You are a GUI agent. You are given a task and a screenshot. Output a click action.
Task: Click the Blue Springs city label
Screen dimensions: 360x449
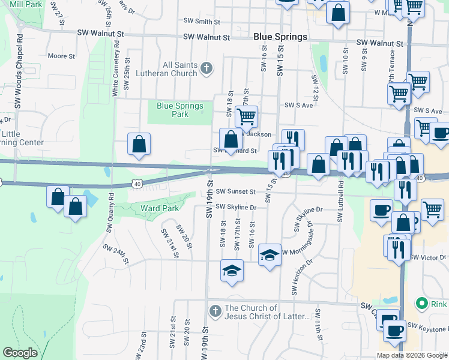pyautogui.click(x=280, y=37)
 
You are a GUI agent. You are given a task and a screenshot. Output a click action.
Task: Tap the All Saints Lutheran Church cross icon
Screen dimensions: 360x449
pyautogui.click(x=206, y=67)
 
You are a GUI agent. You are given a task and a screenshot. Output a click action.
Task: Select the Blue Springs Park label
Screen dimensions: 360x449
pyautogui.click(x=179, y=110)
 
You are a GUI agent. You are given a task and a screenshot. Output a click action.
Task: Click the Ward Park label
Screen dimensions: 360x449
pyautogui.click(x=159, y=208)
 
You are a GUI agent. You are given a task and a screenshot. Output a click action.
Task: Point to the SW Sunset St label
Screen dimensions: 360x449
pyautogui.click(x=236, y=192)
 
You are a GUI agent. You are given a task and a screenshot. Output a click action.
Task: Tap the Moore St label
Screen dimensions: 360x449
pyautogui.click(x=61, y=56)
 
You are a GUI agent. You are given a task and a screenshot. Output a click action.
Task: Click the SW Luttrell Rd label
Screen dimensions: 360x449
pyautogui.click(x=340, y=200)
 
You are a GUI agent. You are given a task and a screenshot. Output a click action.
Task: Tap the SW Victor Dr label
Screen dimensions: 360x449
pyautogui.click(x=428, y=257)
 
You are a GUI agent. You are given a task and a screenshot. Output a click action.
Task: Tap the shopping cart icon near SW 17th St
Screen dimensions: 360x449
pyautogui.click(x=246, y=115)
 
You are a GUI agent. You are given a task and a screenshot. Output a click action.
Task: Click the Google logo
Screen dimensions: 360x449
pyautogui.click(x=20, y=353)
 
